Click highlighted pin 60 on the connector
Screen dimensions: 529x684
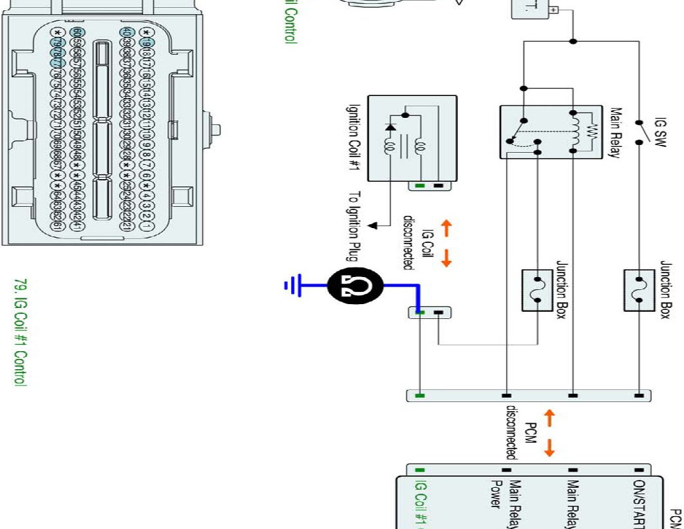coord(78,33)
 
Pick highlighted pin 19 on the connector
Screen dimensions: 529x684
coord(146,43)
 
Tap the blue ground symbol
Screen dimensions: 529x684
coord(292,284)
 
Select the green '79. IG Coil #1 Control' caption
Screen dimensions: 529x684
coord(20,332)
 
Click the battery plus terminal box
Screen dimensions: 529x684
coord(553,10)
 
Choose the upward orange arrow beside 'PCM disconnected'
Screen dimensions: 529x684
coord(549,419)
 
